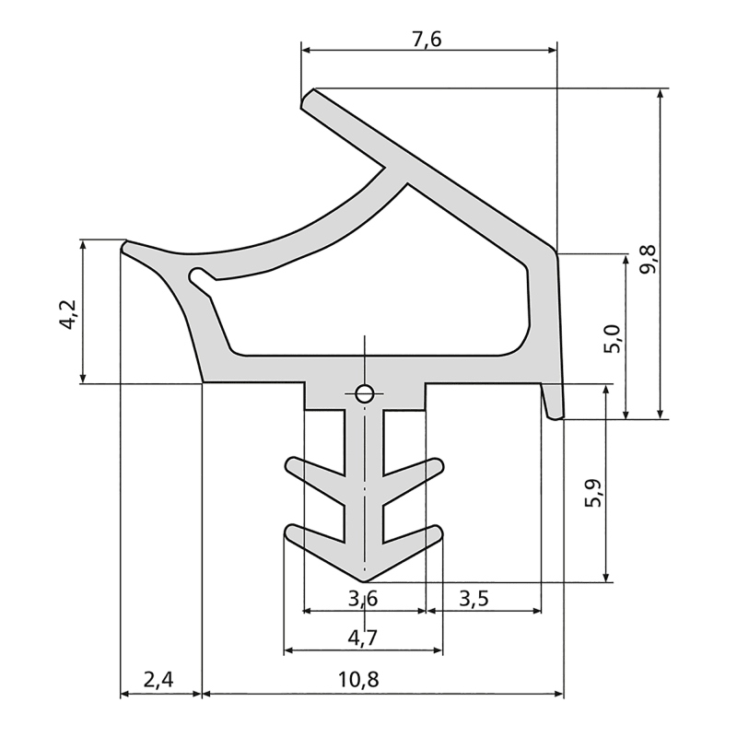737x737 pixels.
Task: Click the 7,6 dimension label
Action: click(x=427, y=40)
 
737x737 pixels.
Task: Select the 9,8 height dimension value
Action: click(x=649, y=260)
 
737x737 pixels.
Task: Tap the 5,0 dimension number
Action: click(x=614, y=338)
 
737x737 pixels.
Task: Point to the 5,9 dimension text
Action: click(x=594, y=494)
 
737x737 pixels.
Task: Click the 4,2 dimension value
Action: click(x=70, y=314)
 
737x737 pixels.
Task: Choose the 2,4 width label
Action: click(x=158, y=680)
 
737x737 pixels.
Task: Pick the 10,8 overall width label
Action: click(x=358, y=680)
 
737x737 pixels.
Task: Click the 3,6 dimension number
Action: click(x=363, y=599)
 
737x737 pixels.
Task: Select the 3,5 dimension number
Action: click(x=474, y=599)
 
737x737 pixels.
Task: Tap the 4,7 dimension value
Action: click(x=363, y=638)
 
